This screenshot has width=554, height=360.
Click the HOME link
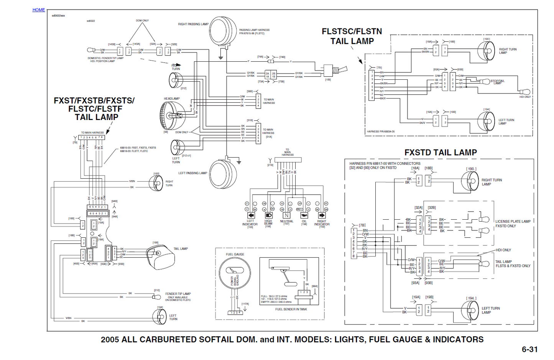[38, 10]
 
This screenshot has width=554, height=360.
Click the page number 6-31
[529, 349]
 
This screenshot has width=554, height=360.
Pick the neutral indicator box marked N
[286, 215]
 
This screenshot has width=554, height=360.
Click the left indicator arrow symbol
[251, 215]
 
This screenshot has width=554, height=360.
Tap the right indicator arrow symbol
[322, 215]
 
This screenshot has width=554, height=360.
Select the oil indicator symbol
[304, 215]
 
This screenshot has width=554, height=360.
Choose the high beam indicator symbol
[269, 215]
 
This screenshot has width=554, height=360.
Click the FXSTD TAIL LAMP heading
[441, 153]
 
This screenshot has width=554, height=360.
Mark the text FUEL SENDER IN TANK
[291, 309]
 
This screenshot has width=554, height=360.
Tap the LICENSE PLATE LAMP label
[513, 222]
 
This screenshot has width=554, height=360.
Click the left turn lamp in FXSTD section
[470, 310]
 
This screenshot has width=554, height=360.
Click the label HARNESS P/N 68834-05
[380, 132]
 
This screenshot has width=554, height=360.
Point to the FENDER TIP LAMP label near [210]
[178, 294]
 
